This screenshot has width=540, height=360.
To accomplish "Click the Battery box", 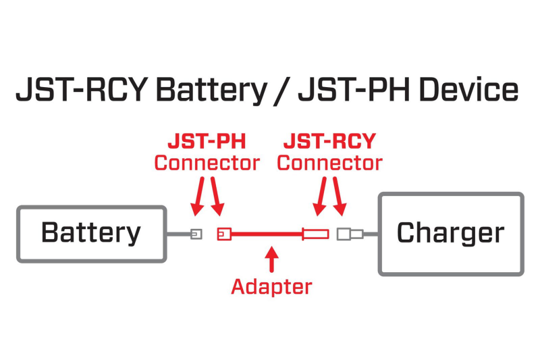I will [x=90, y=234].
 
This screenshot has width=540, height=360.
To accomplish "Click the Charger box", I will [x=451, y=234].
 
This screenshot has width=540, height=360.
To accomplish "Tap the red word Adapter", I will [x=271, y=286].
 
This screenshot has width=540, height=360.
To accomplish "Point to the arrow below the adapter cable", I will [x=271, y=260].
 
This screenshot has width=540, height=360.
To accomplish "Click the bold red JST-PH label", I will [x=207, y=143].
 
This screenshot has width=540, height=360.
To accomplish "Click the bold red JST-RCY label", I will [x=329, y=143].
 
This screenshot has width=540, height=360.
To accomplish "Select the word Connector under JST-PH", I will [x=207, y=163].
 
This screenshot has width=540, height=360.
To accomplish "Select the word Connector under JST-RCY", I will [x=329, y=163].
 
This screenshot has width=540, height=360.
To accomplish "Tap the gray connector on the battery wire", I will [x=196, y=234].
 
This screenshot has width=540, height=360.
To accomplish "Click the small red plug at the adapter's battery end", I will [x=224, y=234].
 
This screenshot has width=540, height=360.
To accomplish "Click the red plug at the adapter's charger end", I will [x=316, y=234].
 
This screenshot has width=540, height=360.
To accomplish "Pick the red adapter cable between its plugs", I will [x=267, y=234].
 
